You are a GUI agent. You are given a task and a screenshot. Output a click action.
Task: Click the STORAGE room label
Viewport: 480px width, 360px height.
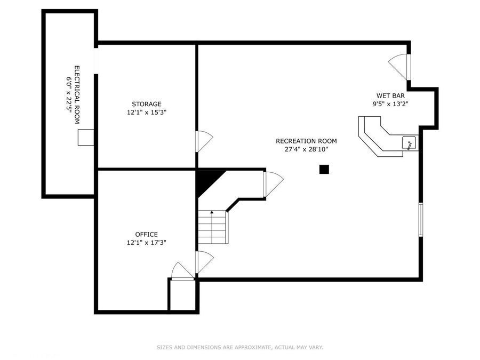pos(147,104)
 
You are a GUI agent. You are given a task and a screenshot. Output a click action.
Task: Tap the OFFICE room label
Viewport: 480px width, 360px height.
pos(146,234)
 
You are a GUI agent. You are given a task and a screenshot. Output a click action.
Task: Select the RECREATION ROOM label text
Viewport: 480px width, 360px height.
pos(306,141)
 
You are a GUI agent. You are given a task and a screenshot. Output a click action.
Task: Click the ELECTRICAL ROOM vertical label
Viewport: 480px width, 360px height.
pos(77,94)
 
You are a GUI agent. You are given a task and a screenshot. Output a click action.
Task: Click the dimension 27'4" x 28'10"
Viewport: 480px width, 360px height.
pos(306,149)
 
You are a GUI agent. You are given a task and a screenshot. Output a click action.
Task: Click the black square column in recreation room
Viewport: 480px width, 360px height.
pos(324,170)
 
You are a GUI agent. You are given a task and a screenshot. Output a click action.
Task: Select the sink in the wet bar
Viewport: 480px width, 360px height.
pos(409,143)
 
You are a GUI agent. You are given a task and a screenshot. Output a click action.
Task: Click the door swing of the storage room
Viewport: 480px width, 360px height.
pos(204,140)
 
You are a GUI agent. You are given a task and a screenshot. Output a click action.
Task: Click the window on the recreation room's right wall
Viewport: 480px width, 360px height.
pos(420,219)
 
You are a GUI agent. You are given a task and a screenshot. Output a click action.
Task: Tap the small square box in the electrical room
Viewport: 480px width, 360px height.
pos(86,137)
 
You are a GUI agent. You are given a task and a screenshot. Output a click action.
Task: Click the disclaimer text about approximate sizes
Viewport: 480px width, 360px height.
pos(239,347)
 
